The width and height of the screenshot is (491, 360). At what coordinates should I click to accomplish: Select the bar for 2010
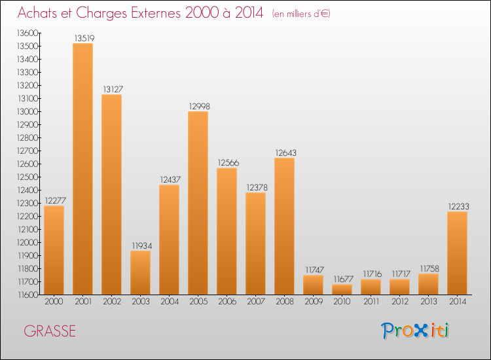(342, 289)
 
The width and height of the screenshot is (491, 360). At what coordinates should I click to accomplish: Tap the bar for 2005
(198, 203)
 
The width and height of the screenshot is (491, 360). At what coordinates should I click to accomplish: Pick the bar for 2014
(457, 253)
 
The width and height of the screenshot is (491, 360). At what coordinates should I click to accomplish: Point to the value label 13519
(82, 38)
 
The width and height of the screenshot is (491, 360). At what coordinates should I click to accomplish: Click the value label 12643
(284, 153)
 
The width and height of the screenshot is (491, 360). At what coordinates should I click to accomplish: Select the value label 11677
(342, 279)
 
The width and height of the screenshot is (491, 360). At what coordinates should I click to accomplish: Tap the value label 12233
(457, 207)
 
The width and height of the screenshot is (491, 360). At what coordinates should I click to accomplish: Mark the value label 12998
(198, 106)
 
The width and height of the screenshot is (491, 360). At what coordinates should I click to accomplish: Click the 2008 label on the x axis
(284, 302)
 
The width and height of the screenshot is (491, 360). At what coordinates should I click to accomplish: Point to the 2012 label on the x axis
(399, 302)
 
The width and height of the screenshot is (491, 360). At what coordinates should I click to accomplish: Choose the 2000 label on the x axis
(54, 302)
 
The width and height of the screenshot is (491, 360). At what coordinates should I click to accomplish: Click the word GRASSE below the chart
(50, 331)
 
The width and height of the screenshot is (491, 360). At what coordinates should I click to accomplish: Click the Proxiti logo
(416, 331)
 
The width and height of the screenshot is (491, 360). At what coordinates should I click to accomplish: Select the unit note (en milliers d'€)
(300, 14)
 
